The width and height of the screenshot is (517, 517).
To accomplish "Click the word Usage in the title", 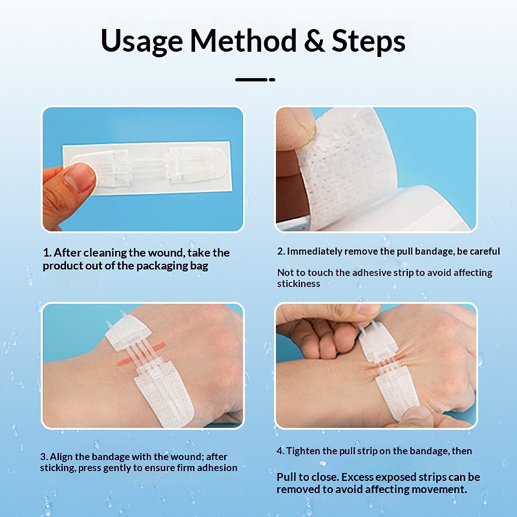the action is click(142, 41).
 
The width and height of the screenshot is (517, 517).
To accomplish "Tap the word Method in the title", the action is click(244, 40).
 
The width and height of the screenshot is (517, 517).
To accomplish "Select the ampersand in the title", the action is click(314, 41).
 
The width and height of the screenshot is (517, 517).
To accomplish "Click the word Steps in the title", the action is click(368, 41).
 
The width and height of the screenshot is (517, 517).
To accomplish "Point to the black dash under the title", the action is click(255, 79).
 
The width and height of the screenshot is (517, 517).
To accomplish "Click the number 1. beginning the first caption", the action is click(47, 253).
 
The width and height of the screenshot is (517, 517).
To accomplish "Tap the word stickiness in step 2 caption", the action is click(299, 284).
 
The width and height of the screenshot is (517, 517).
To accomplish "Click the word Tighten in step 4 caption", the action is click(302, 451).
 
